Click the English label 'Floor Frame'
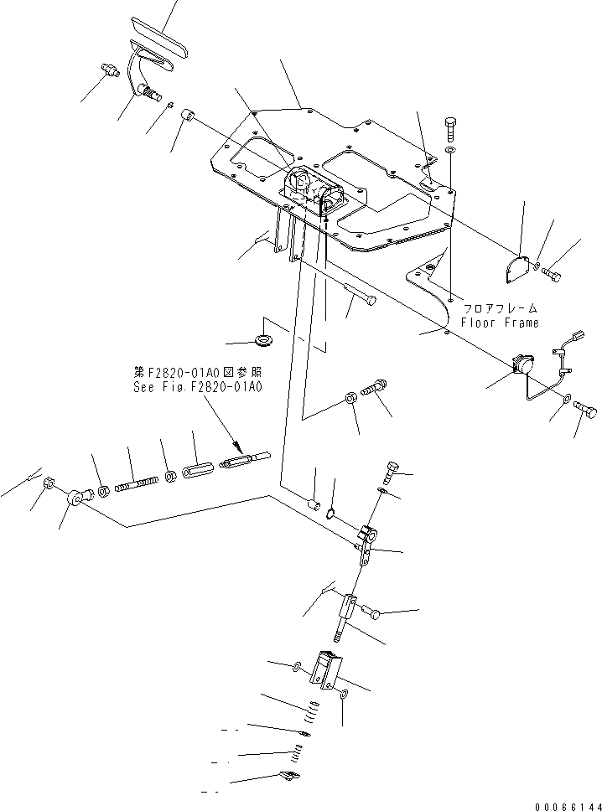pyautogui.click(x=500, y=323)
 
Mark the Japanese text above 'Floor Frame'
pyautogui.click(x=500, y=308)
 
